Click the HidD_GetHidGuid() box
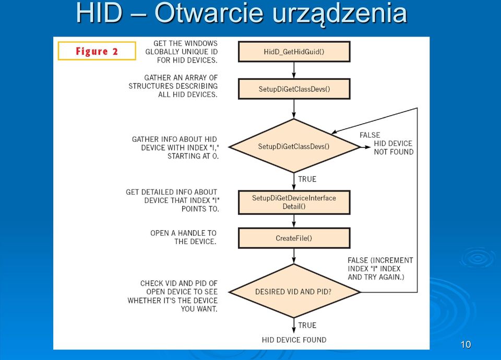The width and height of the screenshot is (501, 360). pos(294,52)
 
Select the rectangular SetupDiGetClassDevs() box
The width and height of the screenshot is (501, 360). pos(294,89)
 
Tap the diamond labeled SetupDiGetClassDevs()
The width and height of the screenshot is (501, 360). pos(294,146)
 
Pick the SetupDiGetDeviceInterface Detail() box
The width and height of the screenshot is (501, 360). pos(294,202)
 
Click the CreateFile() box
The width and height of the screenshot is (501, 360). pos(294,238)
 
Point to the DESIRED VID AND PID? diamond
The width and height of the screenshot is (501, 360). pos(294,291)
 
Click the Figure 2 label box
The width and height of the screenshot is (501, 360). pos(97,51)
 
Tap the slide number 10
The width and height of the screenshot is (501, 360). pos(466,344)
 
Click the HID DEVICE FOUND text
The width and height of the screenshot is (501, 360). pos(294,340)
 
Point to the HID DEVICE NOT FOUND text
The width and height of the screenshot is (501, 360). pos(393,148)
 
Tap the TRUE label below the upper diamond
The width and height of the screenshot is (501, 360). pos(307,179)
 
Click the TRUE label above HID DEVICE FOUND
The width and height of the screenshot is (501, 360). pos(307,325)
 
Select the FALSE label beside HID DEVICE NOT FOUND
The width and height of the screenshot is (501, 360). pos(369,135)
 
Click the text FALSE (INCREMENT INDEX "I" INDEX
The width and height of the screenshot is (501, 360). pos(380,265)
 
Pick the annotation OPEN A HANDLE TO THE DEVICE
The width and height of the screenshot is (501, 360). pos(183,237)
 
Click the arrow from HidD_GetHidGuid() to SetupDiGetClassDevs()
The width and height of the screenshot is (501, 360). pos(294,70)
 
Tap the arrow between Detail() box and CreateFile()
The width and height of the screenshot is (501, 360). pos(294,221)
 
